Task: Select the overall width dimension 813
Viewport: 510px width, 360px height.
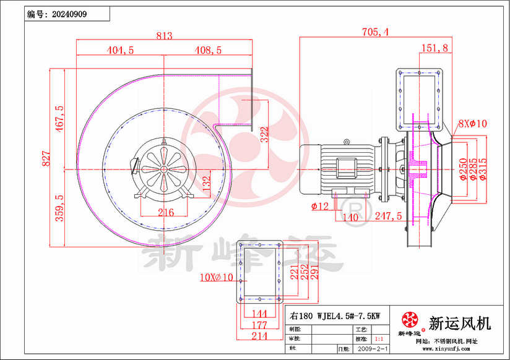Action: [x=163, y=36]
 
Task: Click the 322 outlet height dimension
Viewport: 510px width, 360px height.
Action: [x=266, y=134]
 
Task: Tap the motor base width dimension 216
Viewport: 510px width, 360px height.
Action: [x=165, y=212]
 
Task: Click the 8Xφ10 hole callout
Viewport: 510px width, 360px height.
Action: [x=473, y=124]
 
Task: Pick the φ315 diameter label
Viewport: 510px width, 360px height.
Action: [x=490, y=169]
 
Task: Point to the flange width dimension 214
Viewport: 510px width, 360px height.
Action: [x=261, y=335]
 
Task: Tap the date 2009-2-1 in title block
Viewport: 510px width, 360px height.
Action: [x=370, y=349]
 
